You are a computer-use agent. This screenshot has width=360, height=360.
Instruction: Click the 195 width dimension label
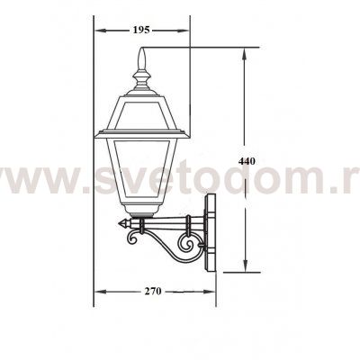[140, 31]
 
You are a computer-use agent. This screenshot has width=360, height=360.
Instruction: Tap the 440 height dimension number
[247, 160]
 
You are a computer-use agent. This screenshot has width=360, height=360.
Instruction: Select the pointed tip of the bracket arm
[121, 222]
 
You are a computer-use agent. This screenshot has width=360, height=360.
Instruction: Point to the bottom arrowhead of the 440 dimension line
[246, 269]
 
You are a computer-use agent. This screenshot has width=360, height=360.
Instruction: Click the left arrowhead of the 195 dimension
[99, 31]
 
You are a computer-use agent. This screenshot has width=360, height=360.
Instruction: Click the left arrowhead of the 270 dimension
[98, 292]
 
